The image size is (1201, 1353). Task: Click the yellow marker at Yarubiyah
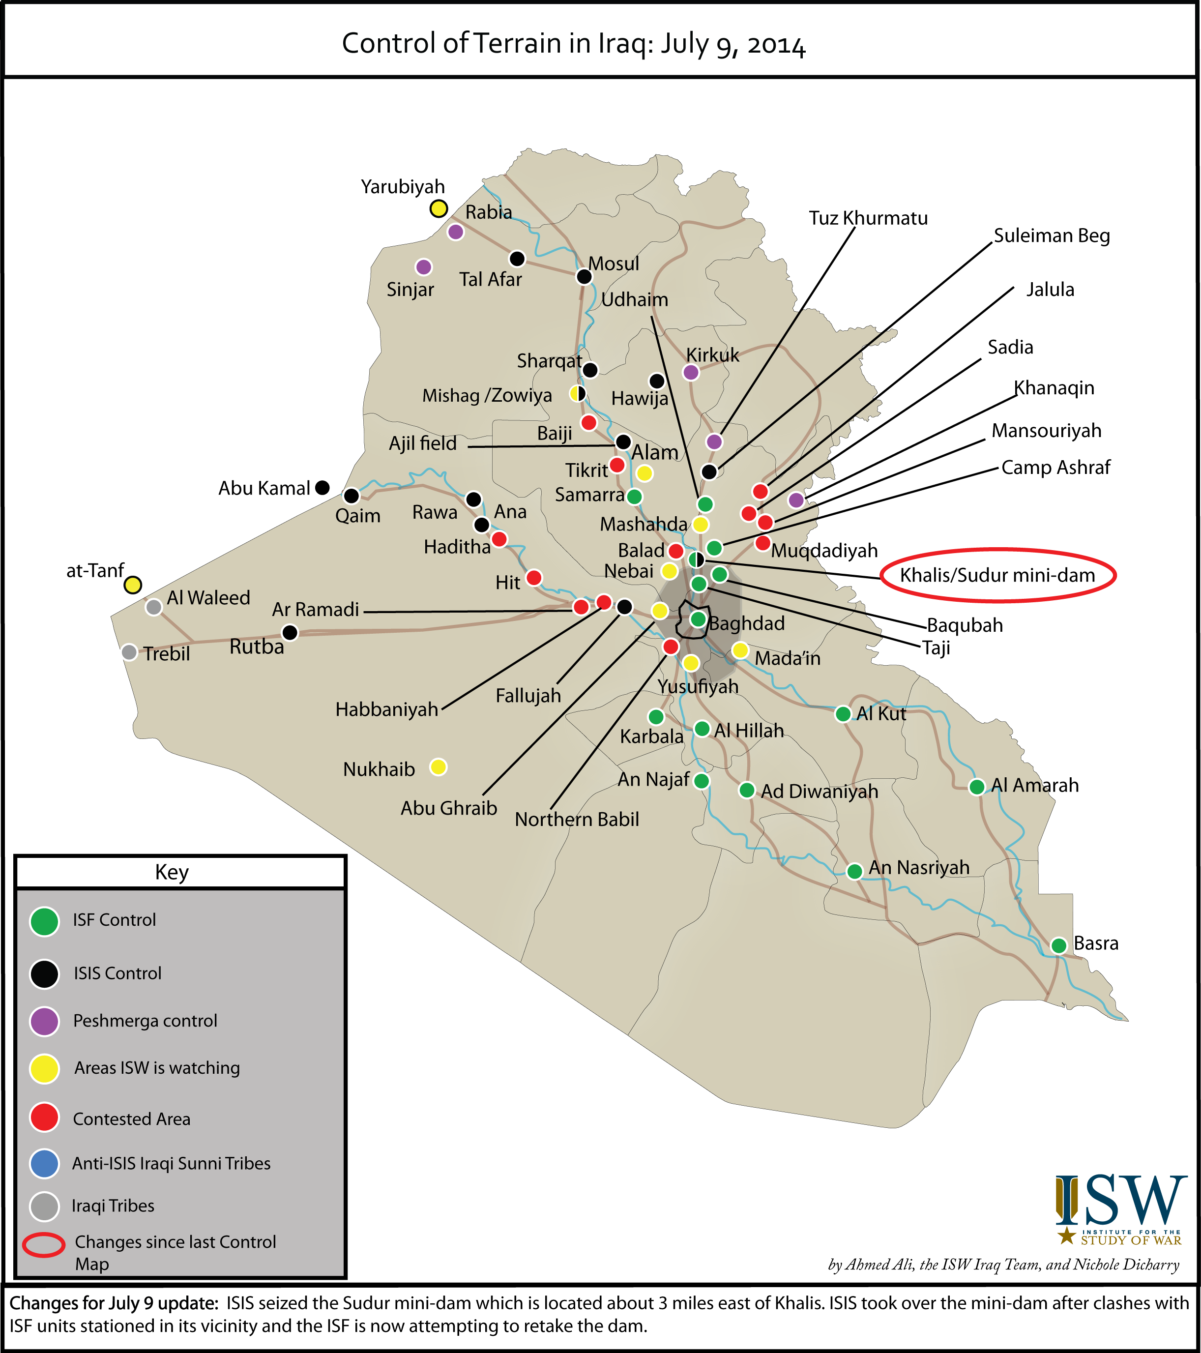439,208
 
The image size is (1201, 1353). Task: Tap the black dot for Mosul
583,276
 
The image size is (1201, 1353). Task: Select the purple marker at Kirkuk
691,372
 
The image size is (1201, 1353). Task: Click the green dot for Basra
1058,945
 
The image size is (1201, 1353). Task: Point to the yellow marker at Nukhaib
438,766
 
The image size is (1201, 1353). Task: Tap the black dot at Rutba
290,633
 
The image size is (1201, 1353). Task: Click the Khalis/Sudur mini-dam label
997,575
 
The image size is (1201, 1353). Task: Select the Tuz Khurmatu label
868,218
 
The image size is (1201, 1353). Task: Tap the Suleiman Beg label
1052,235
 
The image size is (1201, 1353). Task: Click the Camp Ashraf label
1055,468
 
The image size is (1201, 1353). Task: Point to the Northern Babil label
577,820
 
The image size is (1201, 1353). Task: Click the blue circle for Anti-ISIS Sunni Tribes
44,1163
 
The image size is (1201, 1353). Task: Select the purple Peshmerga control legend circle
44,1021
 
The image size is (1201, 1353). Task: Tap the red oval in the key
44,1245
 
